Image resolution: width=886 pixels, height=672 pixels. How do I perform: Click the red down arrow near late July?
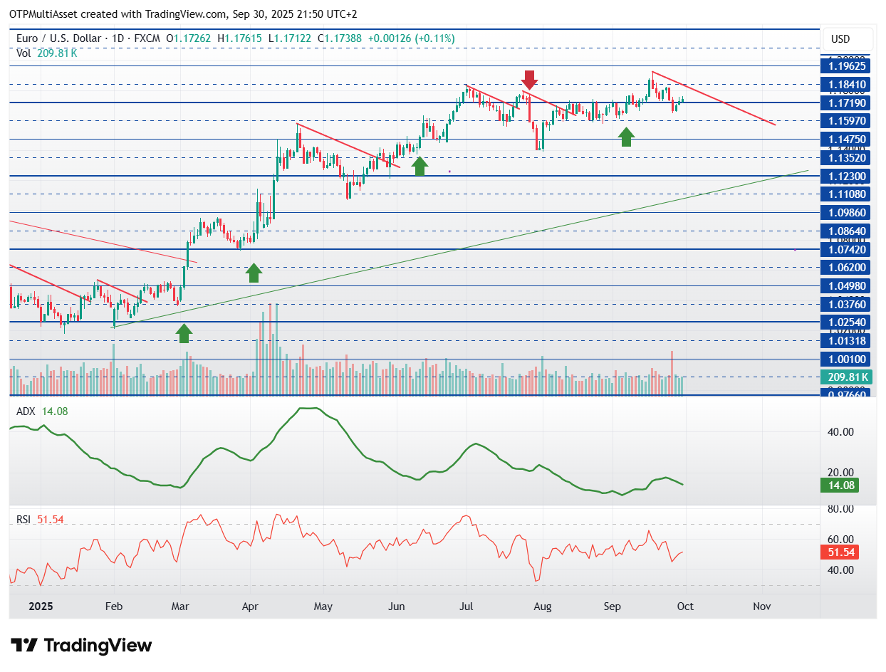click(x=528, y=80)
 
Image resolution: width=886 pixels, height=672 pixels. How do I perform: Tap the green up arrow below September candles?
click(x=626, y=137)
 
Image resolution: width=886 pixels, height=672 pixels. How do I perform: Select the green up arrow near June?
click(x=419, y=166)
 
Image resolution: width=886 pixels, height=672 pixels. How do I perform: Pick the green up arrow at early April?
click(x=254, y=272)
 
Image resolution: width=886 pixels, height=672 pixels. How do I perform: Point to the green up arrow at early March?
click(x=184, y=332)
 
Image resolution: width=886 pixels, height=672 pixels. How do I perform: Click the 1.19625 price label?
click(x=847, y=65)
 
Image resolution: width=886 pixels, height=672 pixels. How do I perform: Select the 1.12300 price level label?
click(x=847, y=176)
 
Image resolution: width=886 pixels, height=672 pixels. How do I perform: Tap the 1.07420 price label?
click(x=847, y=249)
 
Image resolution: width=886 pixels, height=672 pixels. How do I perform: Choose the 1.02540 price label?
click(x=847, y=322)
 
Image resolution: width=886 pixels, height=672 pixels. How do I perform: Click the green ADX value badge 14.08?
click(x=838, y=485)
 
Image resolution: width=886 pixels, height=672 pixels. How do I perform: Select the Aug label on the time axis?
click(x=543, y=607)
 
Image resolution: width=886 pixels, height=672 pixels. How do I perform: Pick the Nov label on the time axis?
click(x=762, y=607)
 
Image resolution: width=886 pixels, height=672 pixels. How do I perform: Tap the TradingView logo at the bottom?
click(x=82, y=646)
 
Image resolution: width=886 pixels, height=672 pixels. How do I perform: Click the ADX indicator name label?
click(x=26, y=411)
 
